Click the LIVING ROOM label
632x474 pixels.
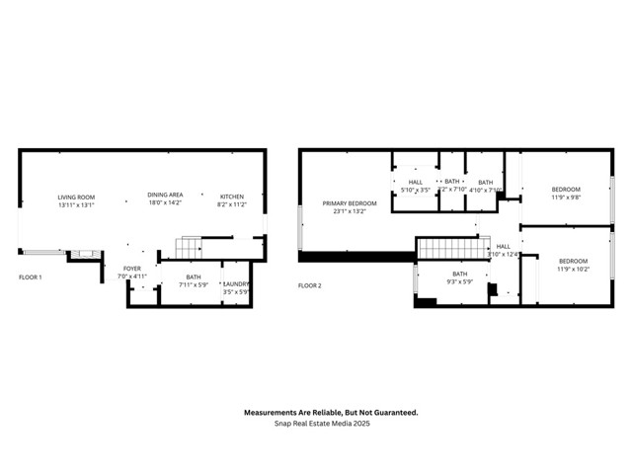tap(76, 197)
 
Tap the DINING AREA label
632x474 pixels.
tap(165, 196)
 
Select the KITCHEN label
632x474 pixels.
tap(231, 196)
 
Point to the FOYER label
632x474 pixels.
tap(132, 269)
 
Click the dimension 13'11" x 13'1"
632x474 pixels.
tap(76, 205)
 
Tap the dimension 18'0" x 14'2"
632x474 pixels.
tap(165, 203)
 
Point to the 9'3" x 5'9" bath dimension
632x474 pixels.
tap(460, 281)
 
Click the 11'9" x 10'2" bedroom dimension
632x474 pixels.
tap(573, 269)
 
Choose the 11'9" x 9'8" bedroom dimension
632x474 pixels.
tap(567, 197)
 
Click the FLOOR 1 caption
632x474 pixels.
tap(31, 277)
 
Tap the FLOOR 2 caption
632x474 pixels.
tap(310, 285)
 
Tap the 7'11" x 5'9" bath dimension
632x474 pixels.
tap(194, 285)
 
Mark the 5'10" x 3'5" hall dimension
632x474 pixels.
tap(415, 190)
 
